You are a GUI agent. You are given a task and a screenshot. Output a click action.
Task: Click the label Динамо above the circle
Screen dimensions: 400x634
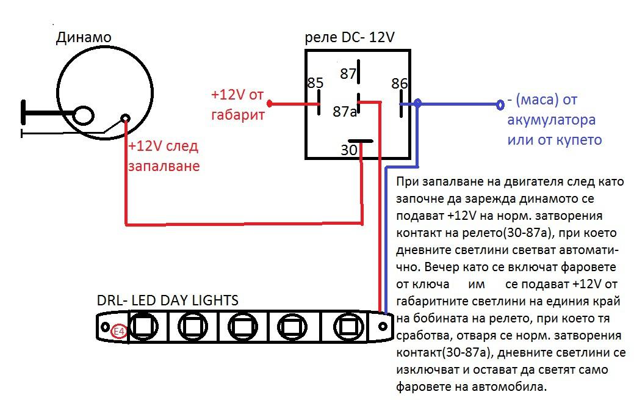[84, 38]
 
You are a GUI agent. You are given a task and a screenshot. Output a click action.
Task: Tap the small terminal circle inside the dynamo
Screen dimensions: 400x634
[126, 118]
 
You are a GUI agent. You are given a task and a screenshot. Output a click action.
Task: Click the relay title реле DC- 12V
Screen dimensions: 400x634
[349, 37]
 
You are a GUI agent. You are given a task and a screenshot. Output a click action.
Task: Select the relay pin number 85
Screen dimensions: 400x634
[315, 83]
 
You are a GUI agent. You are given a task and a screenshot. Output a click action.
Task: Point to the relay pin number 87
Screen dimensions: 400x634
[348, 74]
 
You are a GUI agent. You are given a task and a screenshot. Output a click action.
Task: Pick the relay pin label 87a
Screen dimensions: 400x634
[344, 112]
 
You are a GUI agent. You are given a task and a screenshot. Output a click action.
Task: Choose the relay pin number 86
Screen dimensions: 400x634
[400, 84]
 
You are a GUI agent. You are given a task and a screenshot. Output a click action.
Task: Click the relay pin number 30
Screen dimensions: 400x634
[349, 150]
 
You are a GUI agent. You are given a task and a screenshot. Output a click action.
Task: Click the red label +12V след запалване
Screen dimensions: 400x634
[163, 156]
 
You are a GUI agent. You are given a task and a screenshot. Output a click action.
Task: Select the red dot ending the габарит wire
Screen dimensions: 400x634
[269, 104]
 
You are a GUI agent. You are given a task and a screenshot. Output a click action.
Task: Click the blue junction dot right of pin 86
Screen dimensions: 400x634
[417, 104]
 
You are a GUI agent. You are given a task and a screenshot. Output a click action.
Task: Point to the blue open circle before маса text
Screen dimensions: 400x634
[500, 105]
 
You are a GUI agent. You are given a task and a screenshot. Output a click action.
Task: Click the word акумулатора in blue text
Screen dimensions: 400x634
[551, 119]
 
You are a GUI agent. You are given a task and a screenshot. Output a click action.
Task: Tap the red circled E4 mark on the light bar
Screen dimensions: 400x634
[119, 332]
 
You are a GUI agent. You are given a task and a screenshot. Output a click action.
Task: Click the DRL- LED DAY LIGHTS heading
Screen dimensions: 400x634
[167, 300]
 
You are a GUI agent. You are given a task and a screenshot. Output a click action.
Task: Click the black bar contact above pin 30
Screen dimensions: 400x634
[360, 141]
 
